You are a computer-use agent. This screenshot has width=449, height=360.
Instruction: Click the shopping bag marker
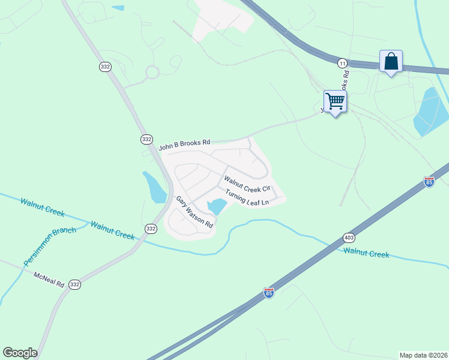[391, 61]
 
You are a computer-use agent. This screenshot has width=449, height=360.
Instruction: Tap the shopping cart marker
[335, 101]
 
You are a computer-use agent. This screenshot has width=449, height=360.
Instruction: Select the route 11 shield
[342, 63]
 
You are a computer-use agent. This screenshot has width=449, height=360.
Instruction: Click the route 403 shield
[349, 238]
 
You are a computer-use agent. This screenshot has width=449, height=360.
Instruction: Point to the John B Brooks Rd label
[184, 144]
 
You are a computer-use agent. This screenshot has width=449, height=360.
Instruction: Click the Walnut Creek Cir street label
[249, 184]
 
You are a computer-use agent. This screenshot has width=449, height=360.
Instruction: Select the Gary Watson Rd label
[194, 212]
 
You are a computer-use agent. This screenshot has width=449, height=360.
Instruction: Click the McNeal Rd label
[49, 279]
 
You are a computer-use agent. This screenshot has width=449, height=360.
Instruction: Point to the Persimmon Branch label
[50, 247]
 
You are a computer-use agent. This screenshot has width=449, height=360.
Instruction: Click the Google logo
[20, 353]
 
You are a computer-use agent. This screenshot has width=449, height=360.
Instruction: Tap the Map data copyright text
[424, 355]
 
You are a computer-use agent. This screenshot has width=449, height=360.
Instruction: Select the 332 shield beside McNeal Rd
[74, 284]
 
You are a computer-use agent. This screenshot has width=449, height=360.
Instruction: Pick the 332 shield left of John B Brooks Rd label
[146, 139]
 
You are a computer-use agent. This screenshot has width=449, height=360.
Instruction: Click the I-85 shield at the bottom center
[269, 293]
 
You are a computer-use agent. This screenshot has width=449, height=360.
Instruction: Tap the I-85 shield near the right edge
[429, 182]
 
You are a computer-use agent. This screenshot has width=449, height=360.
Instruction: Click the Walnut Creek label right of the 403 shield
[367, 253]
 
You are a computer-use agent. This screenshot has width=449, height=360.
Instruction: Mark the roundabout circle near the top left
[152, 72]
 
